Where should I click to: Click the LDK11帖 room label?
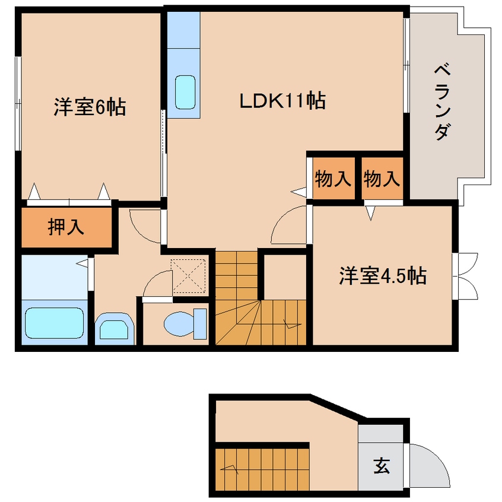[282, 101]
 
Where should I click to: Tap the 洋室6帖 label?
[90, 107]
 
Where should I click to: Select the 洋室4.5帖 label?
[383, 275]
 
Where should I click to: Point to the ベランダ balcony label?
[443, 102]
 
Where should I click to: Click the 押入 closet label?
[66, 227]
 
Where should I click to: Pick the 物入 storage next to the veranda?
[382, 179]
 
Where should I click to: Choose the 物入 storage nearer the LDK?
[333, 179]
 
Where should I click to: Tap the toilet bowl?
[185, 323]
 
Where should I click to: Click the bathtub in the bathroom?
[55, 323]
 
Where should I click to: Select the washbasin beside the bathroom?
[115, 329]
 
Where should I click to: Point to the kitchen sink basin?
[185, 92]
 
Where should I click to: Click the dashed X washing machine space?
[188, 276]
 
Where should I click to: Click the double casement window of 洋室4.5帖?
[465, 277]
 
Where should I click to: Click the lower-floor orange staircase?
[262, 470]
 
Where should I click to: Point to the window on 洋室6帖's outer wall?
[18, 103]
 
